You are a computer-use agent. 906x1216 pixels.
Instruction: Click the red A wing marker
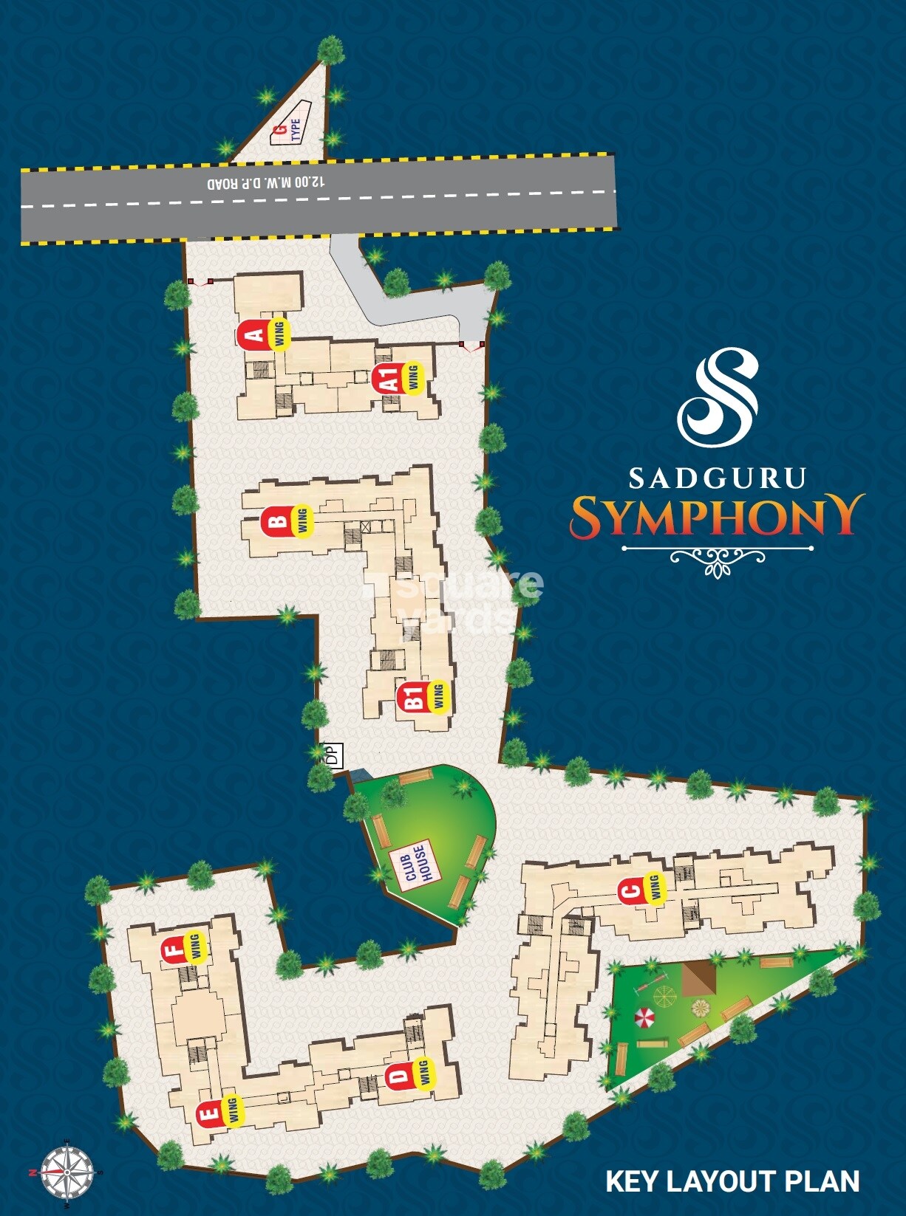(x=255, y=335)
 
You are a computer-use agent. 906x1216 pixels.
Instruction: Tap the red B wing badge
(x=277, y=522)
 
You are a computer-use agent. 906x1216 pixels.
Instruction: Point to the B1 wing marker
(x=414, y=697)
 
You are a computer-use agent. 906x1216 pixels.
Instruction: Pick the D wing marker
(x=398, y=1075)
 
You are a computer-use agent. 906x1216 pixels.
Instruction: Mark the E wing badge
(x=210, y=1112)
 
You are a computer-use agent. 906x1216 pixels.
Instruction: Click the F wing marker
(x=174, y=949)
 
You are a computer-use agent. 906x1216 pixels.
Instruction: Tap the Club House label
(x=415, y=862)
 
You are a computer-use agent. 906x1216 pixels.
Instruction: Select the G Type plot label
(x=289, y=130)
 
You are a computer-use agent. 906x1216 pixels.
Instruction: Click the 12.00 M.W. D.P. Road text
(x=265, y=182)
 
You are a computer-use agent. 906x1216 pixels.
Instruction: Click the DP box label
(x=333, y=755)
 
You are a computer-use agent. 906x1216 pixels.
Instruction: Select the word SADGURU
(x=717, y=478)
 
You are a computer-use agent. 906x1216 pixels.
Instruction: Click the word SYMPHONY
(x=717, y=516)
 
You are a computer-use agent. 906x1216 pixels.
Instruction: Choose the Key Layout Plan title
(x=732, y=1181)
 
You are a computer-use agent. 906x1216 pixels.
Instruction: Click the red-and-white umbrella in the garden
(x=645, y=1017)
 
